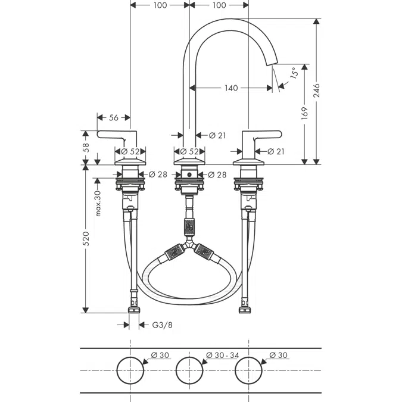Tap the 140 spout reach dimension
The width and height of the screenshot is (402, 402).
click(x=231, y=88)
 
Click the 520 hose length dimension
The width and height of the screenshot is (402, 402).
click(x=86, y=238)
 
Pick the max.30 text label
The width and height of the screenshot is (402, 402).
click(x=97, y=203)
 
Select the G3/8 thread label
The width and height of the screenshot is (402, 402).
click(x=161, y=325)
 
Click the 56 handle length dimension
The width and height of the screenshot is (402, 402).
click(x=114, y=118)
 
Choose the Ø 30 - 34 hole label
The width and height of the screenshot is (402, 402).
click(x=222, y=356)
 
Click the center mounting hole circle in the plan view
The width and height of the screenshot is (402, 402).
click(x=189, y=370)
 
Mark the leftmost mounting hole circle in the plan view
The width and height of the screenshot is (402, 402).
click(x=130, y=370)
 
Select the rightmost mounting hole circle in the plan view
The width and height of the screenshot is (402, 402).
click(x=248, y=370)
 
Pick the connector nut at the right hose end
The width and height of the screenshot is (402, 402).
click(x=244, y=309)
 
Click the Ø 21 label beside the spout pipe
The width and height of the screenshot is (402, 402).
click(x=217, y=136)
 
